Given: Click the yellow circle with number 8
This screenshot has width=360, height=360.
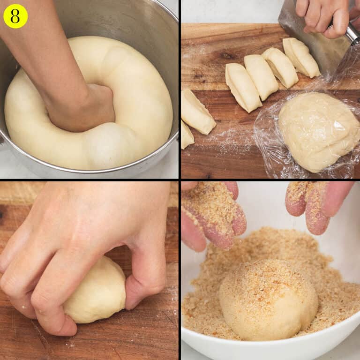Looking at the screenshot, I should coord(15,16).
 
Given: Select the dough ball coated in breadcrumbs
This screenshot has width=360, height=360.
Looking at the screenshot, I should coord(268,300).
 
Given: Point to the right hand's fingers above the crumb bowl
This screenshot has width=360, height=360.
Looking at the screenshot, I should coord(319,206).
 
